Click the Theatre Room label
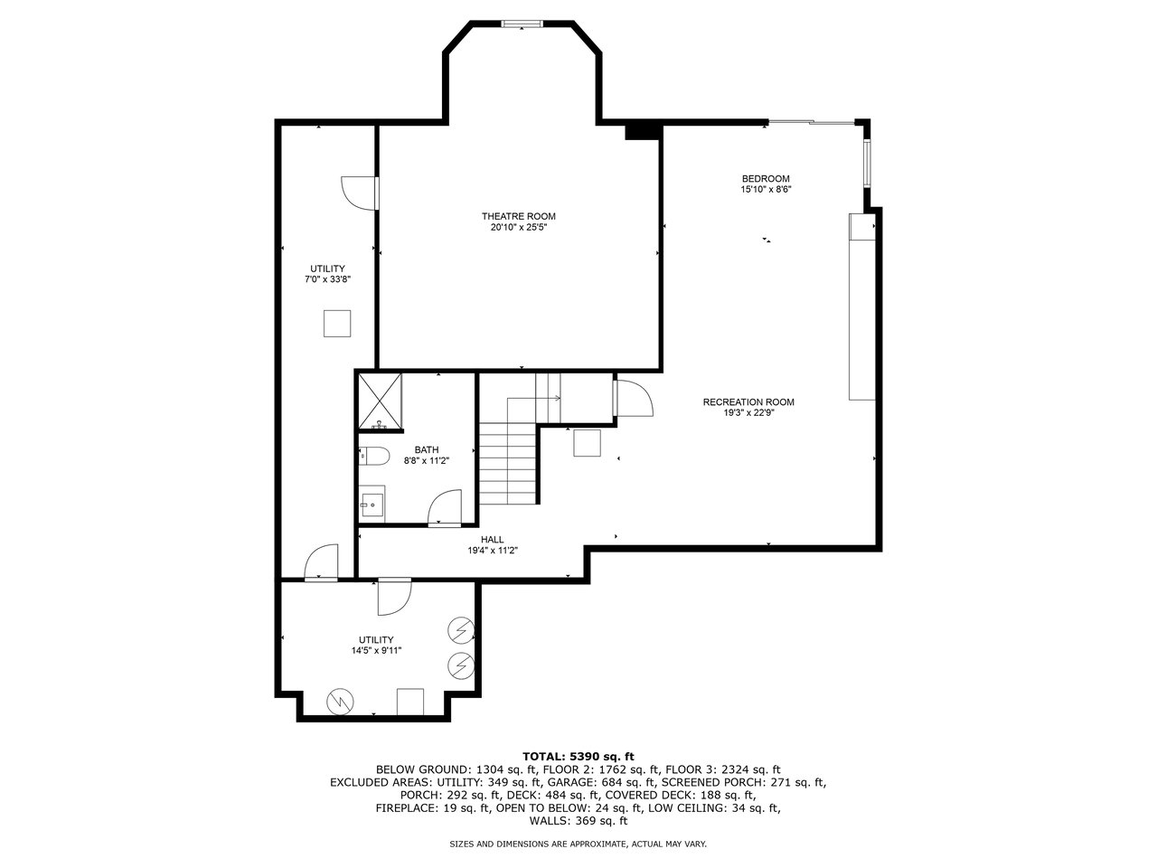click(x=518, y=216)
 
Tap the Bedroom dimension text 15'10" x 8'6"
click(x=766, y=190)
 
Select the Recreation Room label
click(x=748, y=402)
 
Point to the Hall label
click(x=493, y=539)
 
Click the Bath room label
click(x=426, y=449)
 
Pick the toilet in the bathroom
click(x=373, y=455)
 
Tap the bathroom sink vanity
click(x=372, y=504)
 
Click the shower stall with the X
click(x=380, y=400)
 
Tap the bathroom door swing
click(x=445, y=506)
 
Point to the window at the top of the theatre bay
click(x=522, y=24)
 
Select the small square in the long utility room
click(x=336, y=324)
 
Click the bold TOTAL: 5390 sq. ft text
click(x=578, y=756)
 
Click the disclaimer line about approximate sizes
click(x=578, y=844)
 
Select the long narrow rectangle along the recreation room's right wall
click(x=861, y=307)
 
